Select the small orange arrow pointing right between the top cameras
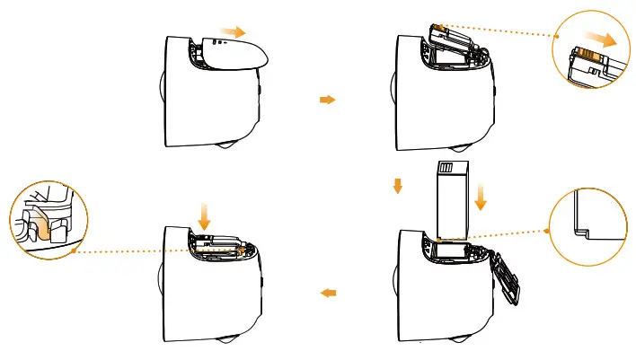(x=327, y=100)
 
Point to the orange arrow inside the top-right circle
(x=608, y=42)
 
